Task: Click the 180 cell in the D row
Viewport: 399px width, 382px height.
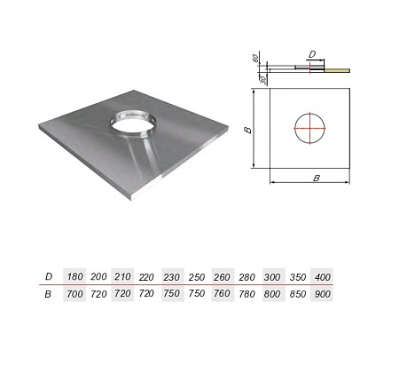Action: (x=74, y=276)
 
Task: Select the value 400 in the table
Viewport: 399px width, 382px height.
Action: (x=322, y=277)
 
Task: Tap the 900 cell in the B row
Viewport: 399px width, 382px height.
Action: (x=322, y=294)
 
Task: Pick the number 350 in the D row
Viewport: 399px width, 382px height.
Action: (x=298, y=277)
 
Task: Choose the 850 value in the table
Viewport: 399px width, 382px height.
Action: (x=298, y=294)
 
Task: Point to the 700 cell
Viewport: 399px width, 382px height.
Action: (x=74, y=294)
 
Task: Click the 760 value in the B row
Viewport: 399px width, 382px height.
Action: (x=223, y=293)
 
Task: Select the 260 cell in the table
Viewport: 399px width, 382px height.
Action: (x=223, y=277)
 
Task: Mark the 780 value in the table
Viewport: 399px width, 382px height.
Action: (x=247, y=294)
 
